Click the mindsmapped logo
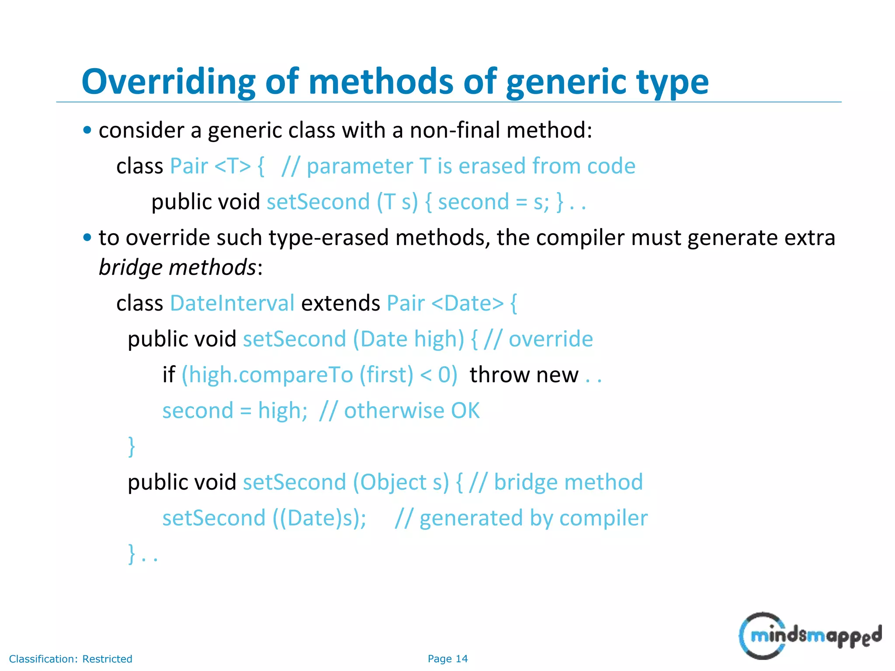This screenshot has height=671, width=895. [810, 636]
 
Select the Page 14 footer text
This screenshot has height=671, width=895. [447, 659]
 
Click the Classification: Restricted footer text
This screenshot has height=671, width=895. [70, 659]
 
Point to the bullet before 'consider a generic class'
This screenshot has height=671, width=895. [87, 130]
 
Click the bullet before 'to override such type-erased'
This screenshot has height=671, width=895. [87, 238]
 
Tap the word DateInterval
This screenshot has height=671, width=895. [232, 303]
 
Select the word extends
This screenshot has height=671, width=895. [340, 303]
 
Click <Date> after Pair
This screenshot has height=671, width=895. [467, 303]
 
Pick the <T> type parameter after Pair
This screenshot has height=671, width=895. [233, 166]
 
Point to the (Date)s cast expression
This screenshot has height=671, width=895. [319, 518]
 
